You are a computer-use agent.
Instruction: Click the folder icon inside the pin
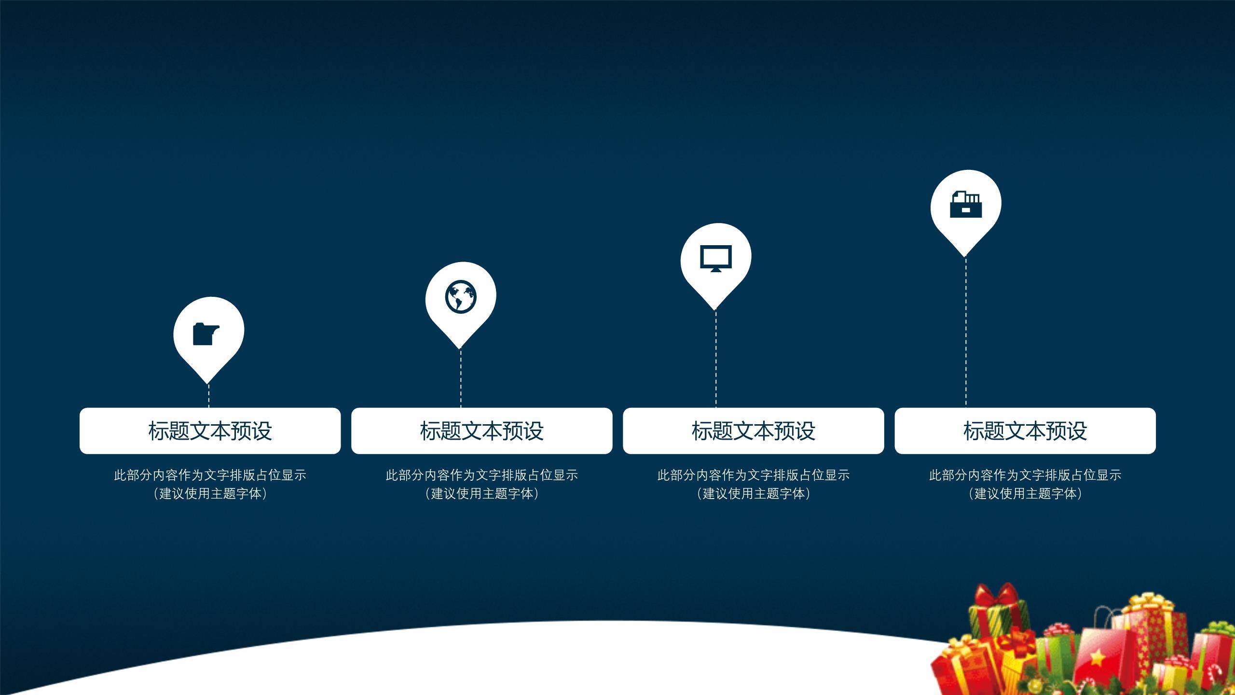206,334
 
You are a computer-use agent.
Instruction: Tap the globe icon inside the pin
461,297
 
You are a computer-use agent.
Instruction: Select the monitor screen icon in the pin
716,259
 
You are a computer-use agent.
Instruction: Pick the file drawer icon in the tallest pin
965,204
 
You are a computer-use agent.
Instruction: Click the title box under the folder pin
210,431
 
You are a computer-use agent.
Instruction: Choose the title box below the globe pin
481,431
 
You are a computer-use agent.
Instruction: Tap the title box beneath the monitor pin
753,431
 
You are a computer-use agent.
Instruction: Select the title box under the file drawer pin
1025,431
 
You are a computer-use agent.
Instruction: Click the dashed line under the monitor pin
716,359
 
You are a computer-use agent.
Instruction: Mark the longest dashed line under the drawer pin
966,333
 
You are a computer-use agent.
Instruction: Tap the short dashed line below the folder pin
209,396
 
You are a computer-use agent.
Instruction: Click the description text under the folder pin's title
210,484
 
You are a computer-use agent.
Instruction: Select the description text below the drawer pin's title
1025,484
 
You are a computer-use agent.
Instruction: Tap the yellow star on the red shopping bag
1098,656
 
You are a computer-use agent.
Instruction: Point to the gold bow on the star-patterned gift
1150,602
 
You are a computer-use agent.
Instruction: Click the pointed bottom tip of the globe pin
460,348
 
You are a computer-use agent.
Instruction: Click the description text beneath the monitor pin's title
753,484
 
